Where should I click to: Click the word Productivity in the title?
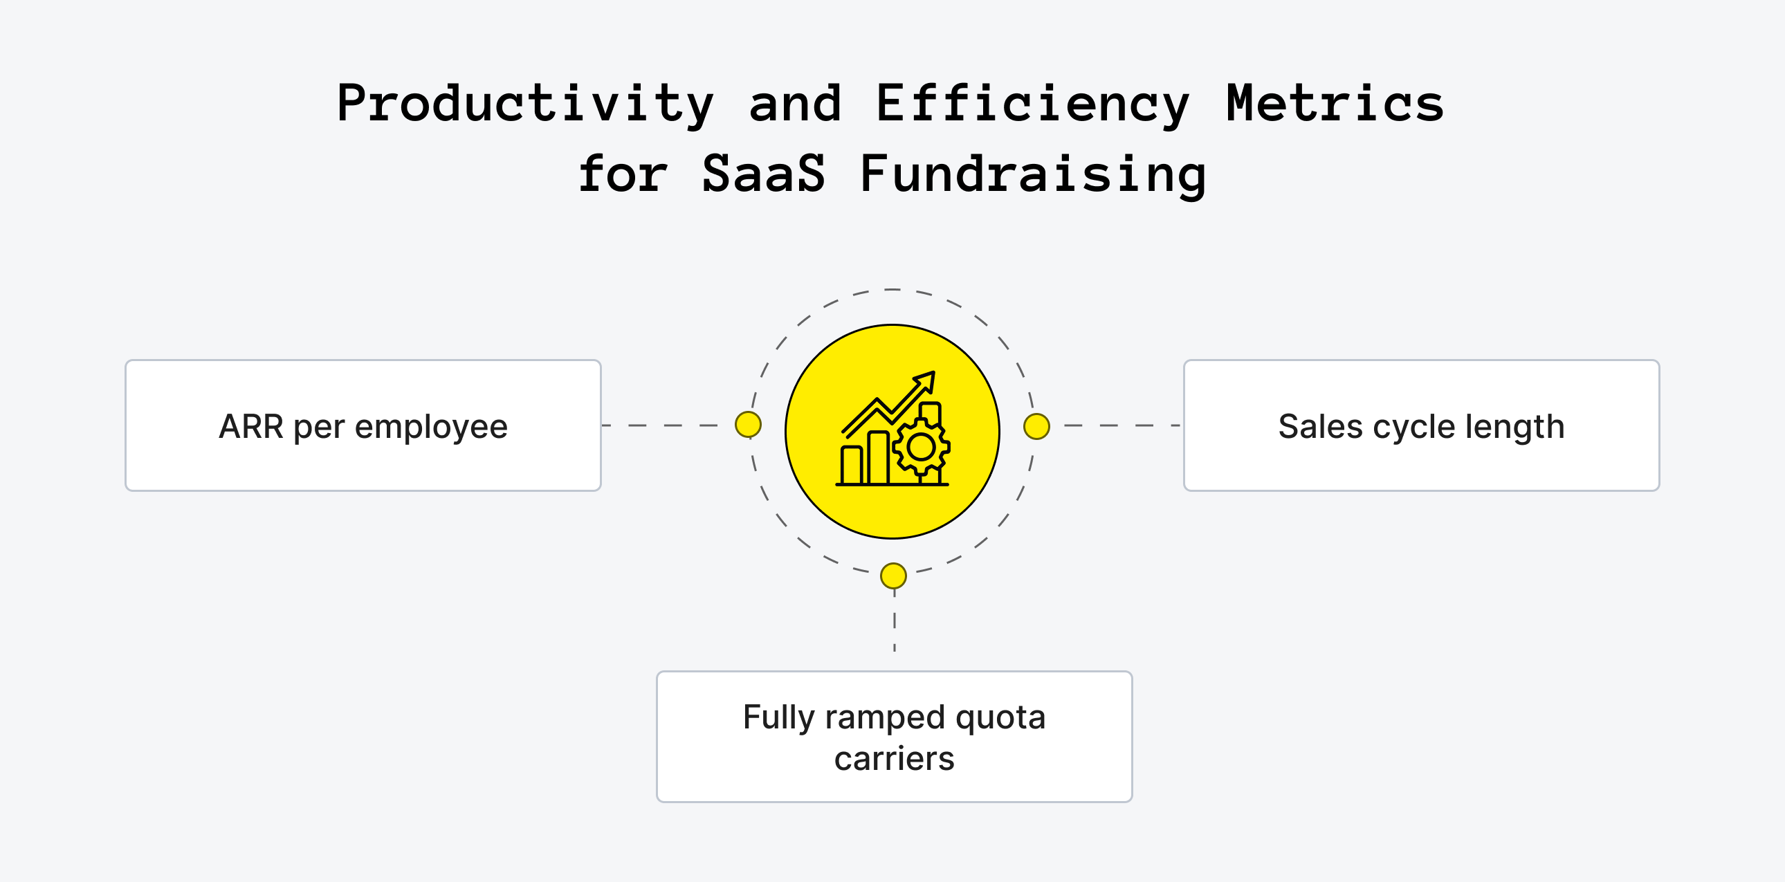click(x=524, y=104)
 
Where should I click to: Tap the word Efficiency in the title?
click(x=1032, y=104)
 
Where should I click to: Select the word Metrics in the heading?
click(x=1335, y=104)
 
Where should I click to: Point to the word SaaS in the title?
click(x=764, y=174)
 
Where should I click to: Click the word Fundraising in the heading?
click(x=1032, y=174)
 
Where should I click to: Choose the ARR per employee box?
click(x=363, y=425)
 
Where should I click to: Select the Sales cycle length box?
click(x=1420, y=425)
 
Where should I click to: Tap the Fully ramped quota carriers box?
click(x=894, y=737)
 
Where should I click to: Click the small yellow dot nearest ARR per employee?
click(x=748, y=425)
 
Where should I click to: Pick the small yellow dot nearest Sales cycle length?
click(x=1036, y=426)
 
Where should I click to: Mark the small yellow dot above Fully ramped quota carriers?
click(x=893, y=576)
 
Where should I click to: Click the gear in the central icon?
click(x=921, y=448)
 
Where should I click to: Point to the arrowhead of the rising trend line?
click(x=926, y=380)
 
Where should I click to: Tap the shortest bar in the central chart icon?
click(x=851, y=465)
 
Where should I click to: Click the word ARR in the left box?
click(x=251, y=427)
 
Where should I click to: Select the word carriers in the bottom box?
click(x=894, y=759)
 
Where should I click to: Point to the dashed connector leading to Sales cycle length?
click(x=1123, y=425)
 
